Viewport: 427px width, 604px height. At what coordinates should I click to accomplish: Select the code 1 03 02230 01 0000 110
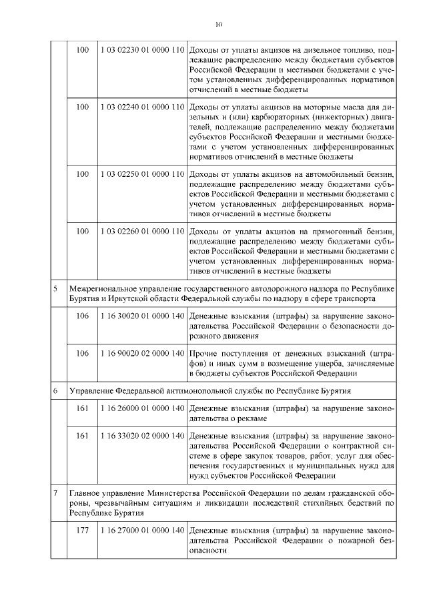pos(141,50)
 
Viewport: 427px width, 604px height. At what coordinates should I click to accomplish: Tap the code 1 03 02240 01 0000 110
pos(141,106)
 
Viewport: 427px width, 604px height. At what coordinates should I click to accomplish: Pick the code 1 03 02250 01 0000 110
pos(141,174)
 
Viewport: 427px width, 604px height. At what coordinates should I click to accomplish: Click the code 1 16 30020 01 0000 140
pos(141,314)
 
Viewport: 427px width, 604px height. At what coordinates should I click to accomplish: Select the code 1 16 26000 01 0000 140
pos(141,407)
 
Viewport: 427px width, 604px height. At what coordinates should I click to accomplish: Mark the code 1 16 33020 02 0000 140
pos(141,436)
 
